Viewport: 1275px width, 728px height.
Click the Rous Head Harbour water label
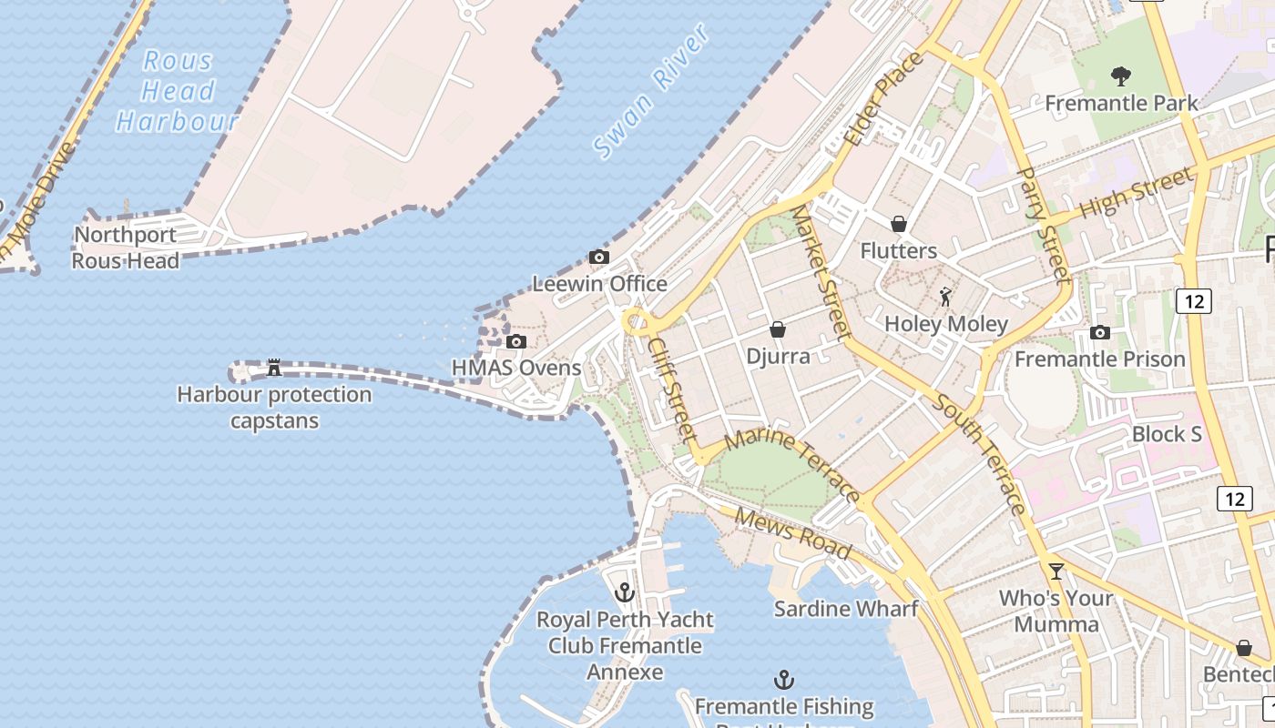pos(178,91)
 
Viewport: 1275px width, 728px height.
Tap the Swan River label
pos(652,92)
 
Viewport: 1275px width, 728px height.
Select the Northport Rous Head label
pos(126,248)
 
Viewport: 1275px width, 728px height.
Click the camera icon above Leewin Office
pos(599,258)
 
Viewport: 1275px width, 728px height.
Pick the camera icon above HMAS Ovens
pos(516,342)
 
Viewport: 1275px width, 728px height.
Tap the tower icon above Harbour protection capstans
pos(273,369)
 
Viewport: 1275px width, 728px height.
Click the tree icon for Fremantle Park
pos(1121,76)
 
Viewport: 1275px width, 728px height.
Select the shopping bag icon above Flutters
pos(899,224)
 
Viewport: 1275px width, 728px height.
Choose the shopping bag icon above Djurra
pos(778,329)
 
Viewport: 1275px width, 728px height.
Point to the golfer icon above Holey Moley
pos(946,297)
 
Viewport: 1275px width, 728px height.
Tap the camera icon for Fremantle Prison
pos(1100,333)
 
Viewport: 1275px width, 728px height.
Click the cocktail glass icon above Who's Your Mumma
pos(1056,571)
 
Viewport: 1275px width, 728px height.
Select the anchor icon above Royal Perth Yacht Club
pos(624,593)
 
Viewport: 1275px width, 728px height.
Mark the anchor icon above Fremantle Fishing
pos(784,680)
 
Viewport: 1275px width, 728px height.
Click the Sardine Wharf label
pos(845,609)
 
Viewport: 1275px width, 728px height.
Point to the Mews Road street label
pos(792,533)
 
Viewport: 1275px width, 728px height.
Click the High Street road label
pos(1135,195)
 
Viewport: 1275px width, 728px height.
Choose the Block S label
pos(1167,434)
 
